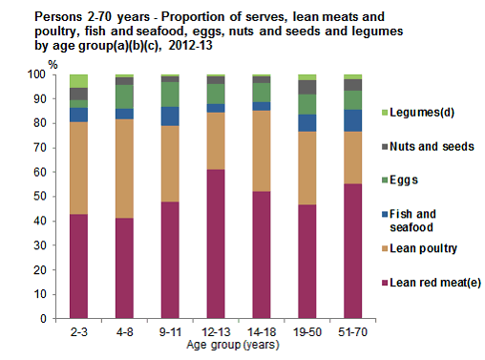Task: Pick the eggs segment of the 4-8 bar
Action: [124, 96]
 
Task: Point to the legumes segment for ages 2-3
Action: [78, 80]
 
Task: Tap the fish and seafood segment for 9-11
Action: [170, 116]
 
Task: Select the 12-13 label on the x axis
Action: [216, 332]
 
